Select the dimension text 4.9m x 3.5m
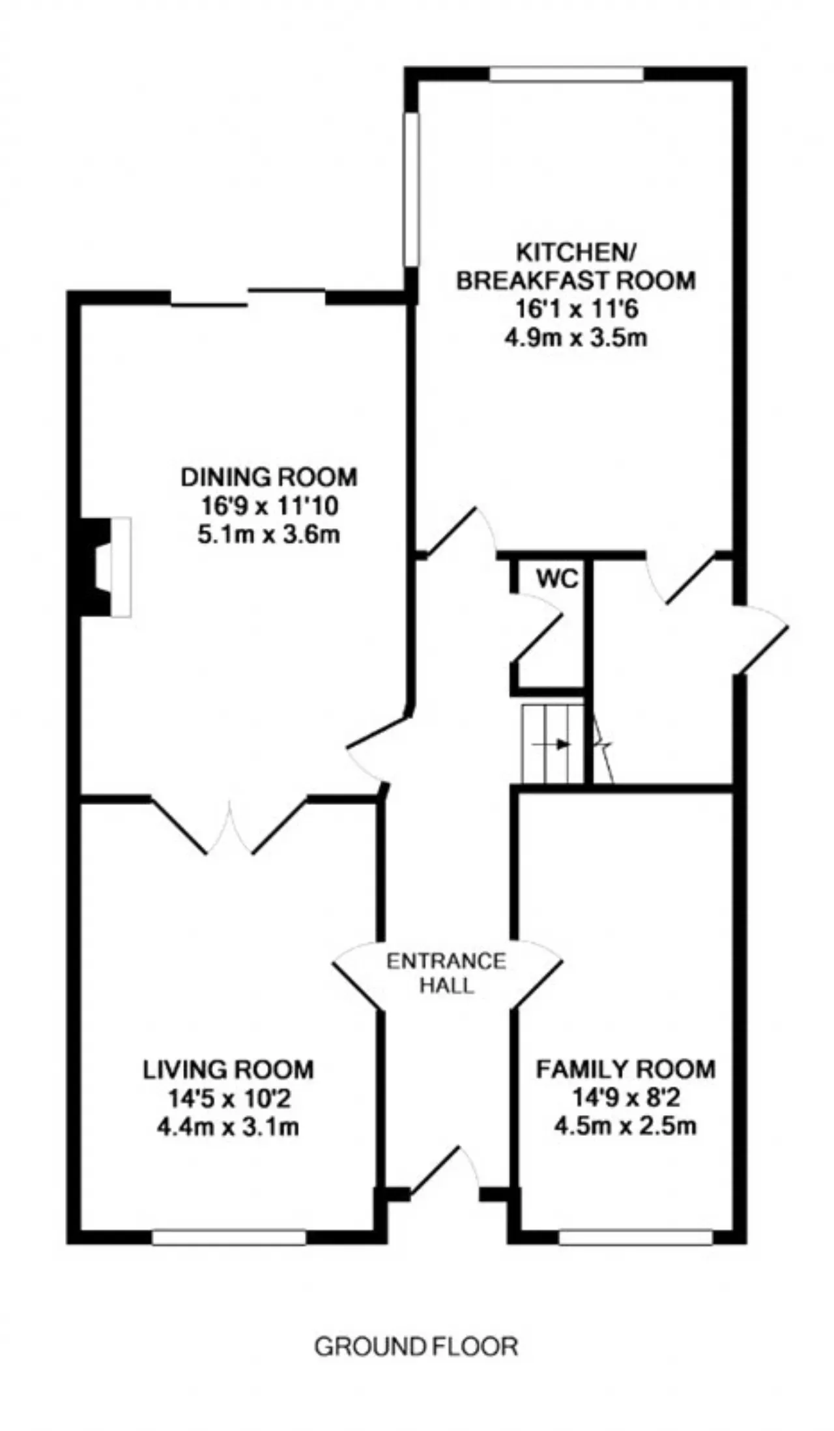click(576, 339)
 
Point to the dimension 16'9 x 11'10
click(268, 506)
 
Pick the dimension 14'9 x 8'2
click(625, 1099)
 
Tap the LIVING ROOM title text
click(228, 1070)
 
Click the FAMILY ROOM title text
click(625, 1070)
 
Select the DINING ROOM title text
click(269, 477)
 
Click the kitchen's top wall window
click(567, 74)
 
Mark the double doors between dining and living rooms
click(229, 826)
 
